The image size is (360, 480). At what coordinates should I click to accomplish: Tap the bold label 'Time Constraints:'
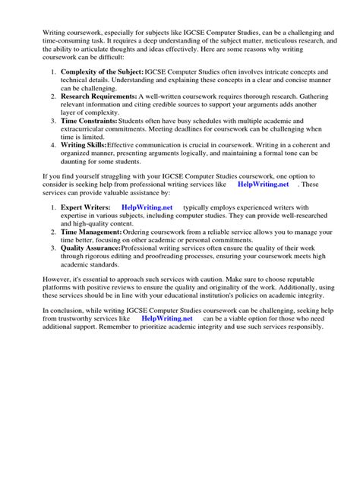tap(89, 121)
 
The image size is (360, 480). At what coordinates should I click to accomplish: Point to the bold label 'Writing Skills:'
tap(84, 144)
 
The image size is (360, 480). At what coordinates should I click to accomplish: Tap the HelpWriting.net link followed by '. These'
tap(263, 185)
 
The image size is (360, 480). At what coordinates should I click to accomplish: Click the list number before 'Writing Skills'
tap(52, 144)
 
